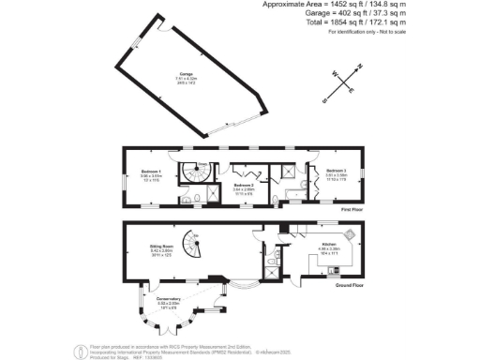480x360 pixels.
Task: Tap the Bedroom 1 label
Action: [x=151, y=172]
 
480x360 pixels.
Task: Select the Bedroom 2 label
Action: [x=244, y=186]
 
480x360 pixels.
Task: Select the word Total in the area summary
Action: [x=365, y=23]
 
